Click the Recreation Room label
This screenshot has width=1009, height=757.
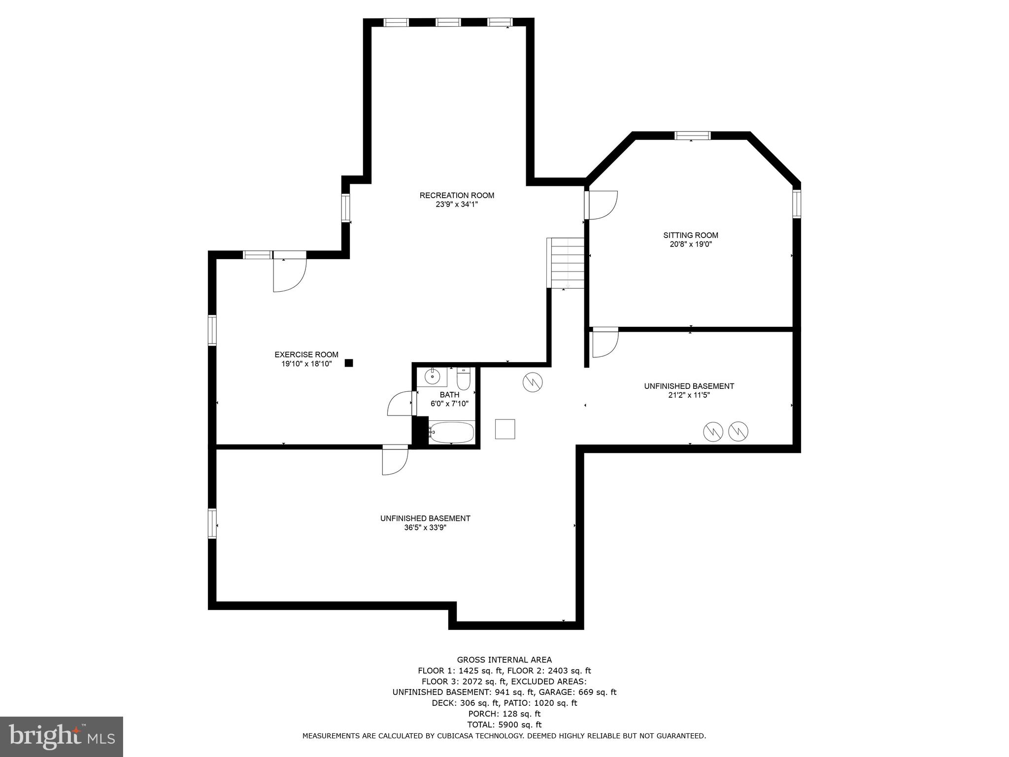tap(457, 195)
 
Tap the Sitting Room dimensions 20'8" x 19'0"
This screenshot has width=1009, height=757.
tap(690, 244)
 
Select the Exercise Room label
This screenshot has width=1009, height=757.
tap(306, 354)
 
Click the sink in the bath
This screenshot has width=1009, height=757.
tap(433, 377)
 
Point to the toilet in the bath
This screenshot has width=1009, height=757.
tap(464, 380)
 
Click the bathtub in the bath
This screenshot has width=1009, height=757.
tap(452, 432)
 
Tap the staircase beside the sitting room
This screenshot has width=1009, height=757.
tap(567, 263)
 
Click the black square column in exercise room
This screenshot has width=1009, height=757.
tap(349, 363)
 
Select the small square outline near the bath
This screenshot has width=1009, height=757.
tap(505, 429)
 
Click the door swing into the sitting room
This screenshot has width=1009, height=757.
tap(603, 205)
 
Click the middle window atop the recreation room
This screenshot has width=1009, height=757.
tap(448, 22)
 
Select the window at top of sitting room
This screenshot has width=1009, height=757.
tap(692, 136)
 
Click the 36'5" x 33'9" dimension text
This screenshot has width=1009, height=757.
tap(425, 527)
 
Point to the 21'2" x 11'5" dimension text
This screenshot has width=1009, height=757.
tap(689, 395)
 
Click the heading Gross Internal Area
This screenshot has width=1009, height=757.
tap(504, 659)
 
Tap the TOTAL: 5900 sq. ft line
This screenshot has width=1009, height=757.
tap(504, 724)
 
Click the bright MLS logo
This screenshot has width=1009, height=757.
tap(62, 736)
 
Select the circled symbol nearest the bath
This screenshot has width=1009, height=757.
tap(533, 382)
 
